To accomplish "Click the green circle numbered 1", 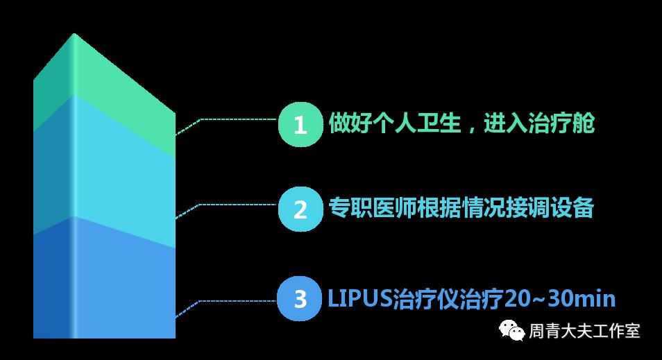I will [300, 125].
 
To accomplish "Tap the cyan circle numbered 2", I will [300, 209].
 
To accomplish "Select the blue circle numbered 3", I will [300, 300].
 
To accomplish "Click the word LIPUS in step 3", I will [359, 299].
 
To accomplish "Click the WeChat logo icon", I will [512, 331].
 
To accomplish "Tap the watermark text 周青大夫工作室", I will [584, 332].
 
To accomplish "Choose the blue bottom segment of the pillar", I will [104, 284].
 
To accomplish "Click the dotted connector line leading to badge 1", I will [236, 119].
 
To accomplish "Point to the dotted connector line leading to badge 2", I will [236, 204].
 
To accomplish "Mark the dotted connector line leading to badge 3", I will [236, 300].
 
